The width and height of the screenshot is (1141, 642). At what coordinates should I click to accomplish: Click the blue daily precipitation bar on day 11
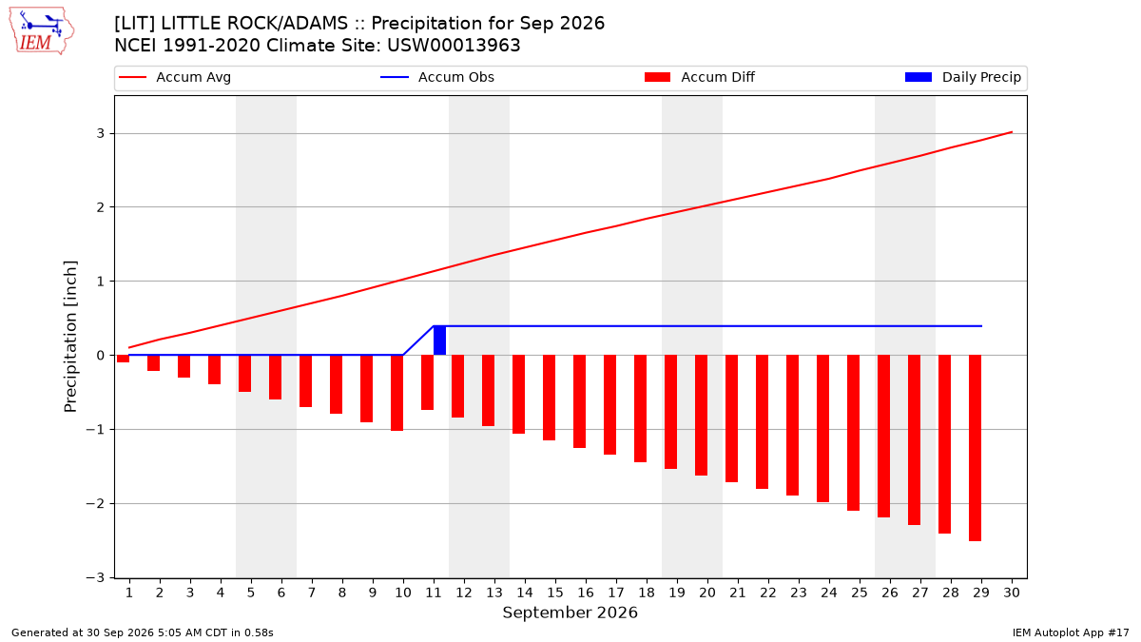tap(439, 340)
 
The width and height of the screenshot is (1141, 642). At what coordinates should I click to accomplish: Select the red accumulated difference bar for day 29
tap(975, 448)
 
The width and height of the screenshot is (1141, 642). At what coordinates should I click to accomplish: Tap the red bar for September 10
tap(396, 393)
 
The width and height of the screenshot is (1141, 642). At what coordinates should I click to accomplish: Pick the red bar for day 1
tap(123, 359)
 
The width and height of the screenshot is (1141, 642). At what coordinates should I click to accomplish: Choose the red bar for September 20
tap(701, 416)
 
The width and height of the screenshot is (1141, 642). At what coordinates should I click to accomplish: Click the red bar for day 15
tap(550, 398)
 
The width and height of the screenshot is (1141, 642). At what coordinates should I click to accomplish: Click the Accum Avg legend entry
tap(175, 77)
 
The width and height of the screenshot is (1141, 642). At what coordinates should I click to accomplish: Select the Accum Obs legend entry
tap(437, 77)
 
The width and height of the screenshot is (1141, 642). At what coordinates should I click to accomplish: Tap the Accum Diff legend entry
tap(700, 77)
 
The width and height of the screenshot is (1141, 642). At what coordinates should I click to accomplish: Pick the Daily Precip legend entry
tap(962, 77)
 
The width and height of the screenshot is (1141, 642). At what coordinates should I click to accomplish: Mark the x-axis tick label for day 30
tap(1012, 593)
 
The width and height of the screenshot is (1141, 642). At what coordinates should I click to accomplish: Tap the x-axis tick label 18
tap(647, 593)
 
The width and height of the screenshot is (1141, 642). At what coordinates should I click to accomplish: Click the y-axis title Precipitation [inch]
tap(70, 337)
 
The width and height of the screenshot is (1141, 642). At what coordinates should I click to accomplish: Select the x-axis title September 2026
tap(570, 613)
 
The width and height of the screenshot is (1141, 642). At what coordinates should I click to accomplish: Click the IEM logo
tap(41, 31)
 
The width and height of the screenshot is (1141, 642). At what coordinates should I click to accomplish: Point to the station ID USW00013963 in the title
tap(454, 46)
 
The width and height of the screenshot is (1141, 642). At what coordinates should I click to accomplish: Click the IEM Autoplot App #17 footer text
tap(1071, 632)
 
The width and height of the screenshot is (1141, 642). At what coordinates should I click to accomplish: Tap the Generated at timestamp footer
tap(142, 632)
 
